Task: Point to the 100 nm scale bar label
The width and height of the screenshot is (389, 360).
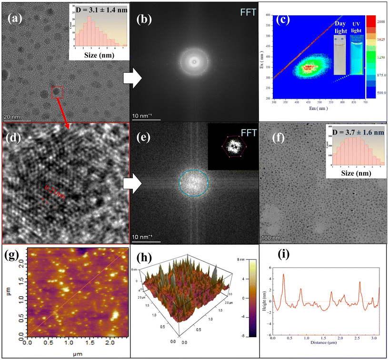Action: click(271, 237)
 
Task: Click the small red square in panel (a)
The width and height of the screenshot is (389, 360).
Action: click(57, 92)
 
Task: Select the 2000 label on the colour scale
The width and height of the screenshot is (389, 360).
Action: click(380, 22)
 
